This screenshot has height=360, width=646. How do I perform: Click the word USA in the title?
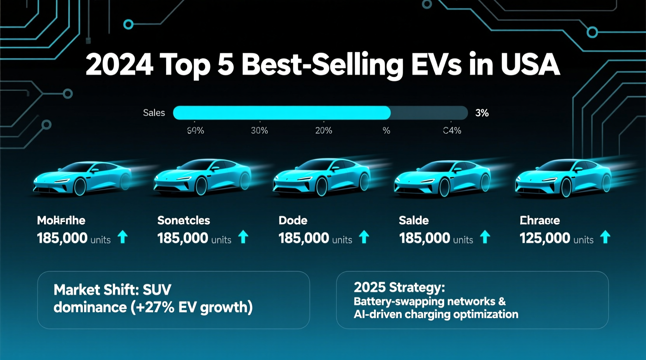530,64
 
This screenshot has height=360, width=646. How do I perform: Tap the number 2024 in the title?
119,64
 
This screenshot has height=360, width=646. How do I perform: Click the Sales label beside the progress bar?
154,113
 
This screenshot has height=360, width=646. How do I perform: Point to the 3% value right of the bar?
482,113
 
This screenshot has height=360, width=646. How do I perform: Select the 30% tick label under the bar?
259,131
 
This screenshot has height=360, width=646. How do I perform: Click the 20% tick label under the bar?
323,131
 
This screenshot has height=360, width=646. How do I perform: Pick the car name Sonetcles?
184,220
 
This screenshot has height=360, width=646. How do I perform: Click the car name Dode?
293,220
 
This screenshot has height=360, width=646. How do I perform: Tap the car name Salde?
413,220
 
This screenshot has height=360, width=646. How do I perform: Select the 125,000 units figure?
556,238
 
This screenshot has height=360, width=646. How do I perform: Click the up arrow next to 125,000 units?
605,237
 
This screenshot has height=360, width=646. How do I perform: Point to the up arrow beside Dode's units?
364,237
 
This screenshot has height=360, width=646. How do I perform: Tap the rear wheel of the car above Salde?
485,182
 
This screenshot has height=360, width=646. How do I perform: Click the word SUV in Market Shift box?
157,290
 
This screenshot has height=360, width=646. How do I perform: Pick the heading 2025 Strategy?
399,287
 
